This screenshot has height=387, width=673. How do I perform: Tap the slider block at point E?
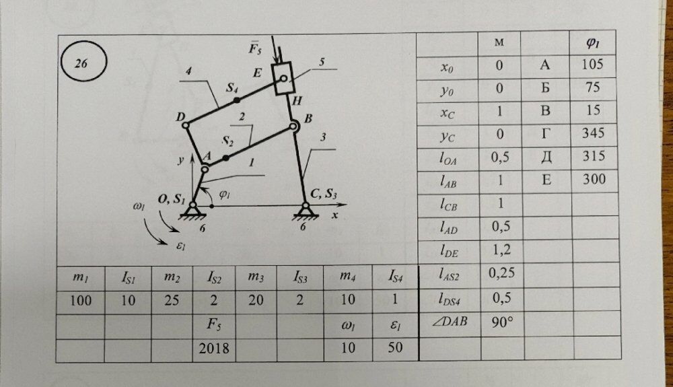[x=285, y=78]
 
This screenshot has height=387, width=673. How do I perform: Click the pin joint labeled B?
[x=293, y=126]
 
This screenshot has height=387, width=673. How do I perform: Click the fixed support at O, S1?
[x=193, y=211]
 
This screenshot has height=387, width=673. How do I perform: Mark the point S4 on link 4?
[x=236, y=99]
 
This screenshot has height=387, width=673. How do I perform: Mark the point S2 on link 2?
[x=225, y=157]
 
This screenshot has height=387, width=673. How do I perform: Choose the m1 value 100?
[x=81, y=301]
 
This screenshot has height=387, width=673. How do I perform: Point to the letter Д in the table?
[x=546, y=157]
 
